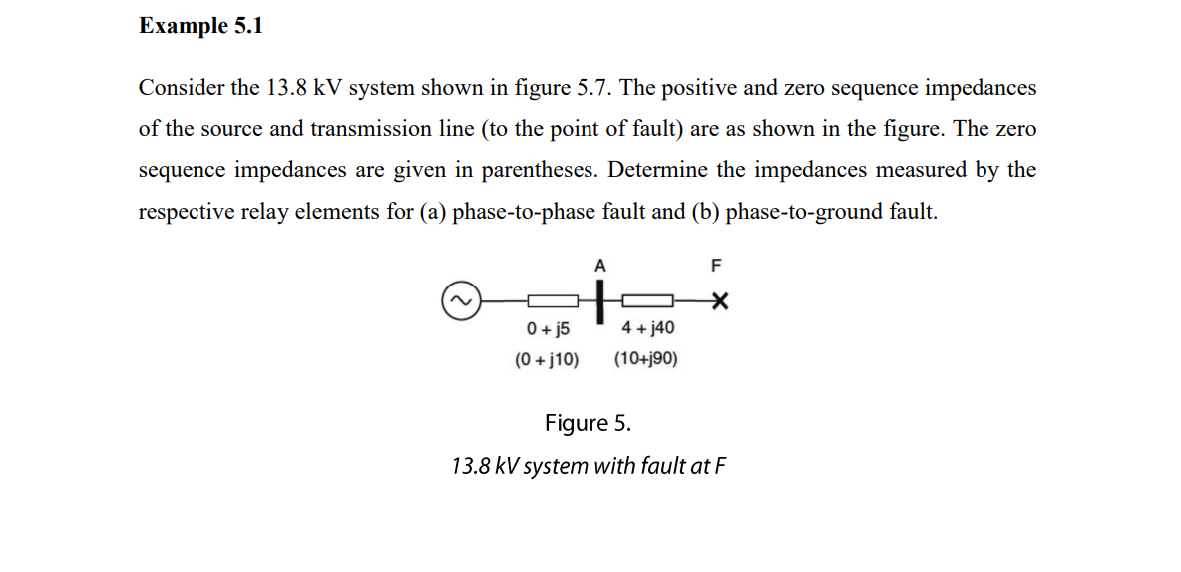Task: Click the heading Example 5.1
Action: (200, 27)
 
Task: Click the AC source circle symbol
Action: (461, 299)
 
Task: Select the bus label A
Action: (599, 266)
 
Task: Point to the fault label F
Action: (715, 266)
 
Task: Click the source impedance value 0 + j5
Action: (548, 328)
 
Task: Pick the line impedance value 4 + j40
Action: (647, 328)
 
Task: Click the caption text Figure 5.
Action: (588, 423)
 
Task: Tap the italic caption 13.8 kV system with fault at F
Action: (588, 466)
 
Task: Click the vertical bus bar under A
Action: (600, 301)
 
